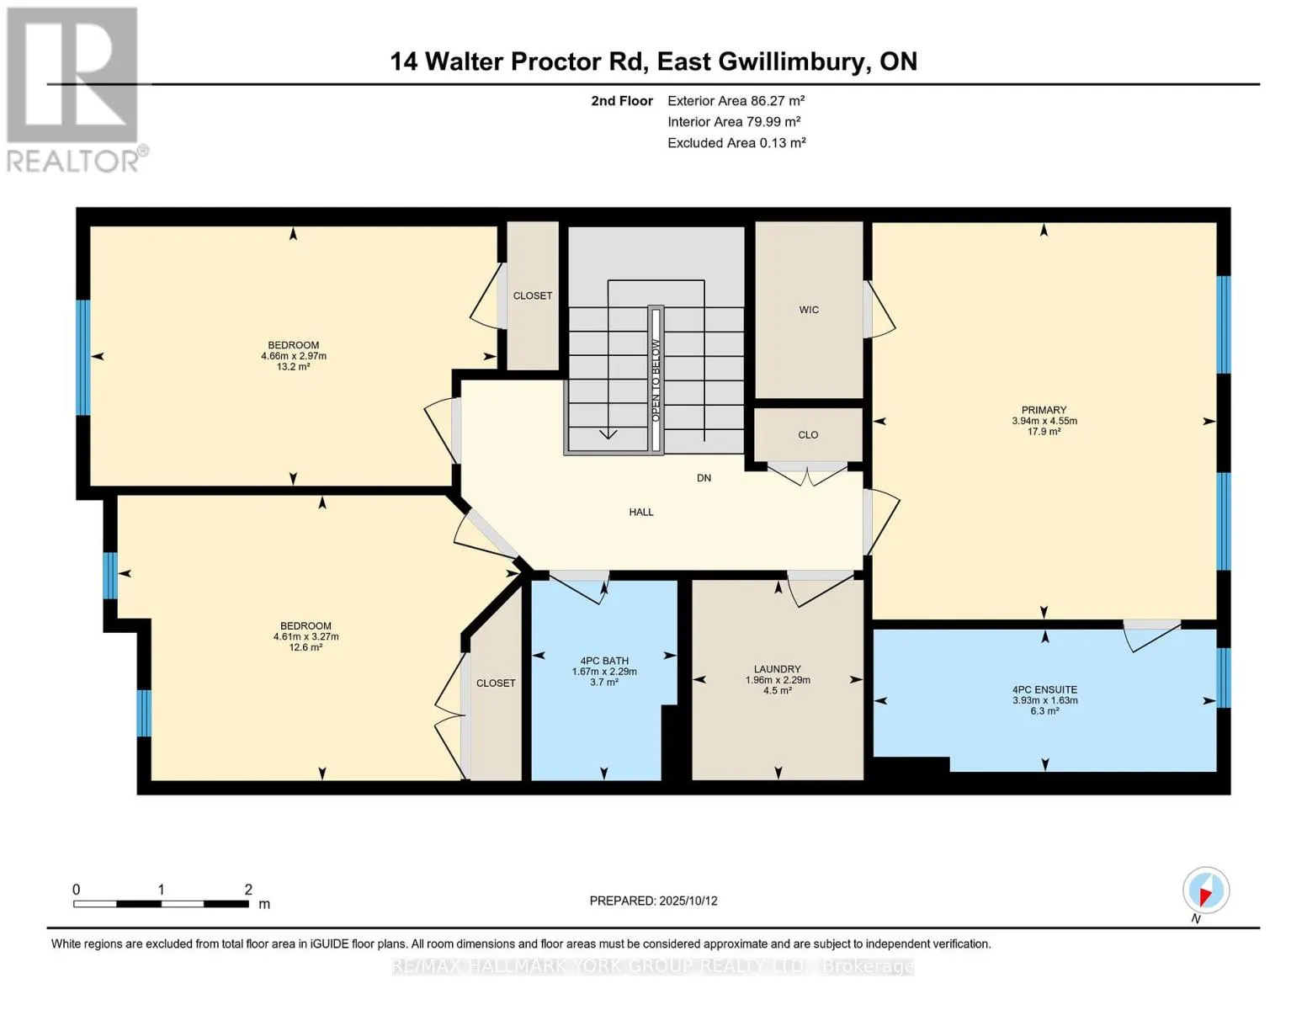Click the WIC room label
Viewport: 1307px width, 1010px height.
[x=809, y=310]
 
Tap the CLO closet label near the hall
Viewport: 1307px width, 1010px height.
[x=808, y=435]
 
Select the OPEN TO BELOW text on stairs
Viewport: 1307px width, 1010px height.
[x=656, y=380]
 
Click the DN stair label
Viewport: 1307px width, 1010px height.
[x=704, y=478]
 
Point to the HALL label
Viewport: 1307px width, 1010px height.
[x=641, y=512]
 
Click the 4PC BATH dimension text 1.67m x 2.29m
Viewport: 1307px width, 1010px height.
[x=604, y=672]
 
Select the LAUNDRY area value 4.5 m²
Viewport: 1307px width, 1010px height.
[x=778, y=691]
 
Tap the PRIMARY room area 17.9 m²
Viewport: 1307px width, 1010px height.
[x=1044, y=432]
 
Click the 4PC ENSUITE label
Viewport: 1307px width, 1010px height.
[x=1044, y=689]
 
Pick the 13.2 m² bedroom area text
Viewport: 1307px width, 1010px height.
[x=294, y=367]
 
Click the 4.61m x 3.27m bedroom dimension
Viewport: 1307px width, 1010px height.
[x=305, y=637]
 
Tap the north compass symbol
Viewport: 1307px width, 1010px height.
[x=1205, y=890]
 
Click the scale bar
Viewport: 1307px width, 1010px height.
[x=161, y=904]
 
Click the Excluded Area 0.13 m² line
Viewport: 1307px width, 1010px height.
[x=736, y=143]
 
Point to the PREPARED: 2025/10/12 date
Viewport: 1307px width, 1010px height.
[x=653, y=901]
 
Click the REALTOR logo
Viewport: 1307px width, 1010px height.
[x=74, y=88]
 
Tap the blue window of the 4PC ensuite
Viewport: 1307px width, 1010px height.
[x=1223, y=678]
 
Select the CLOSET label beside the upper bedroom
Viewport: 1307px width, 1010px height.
[x=533, y=296]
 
